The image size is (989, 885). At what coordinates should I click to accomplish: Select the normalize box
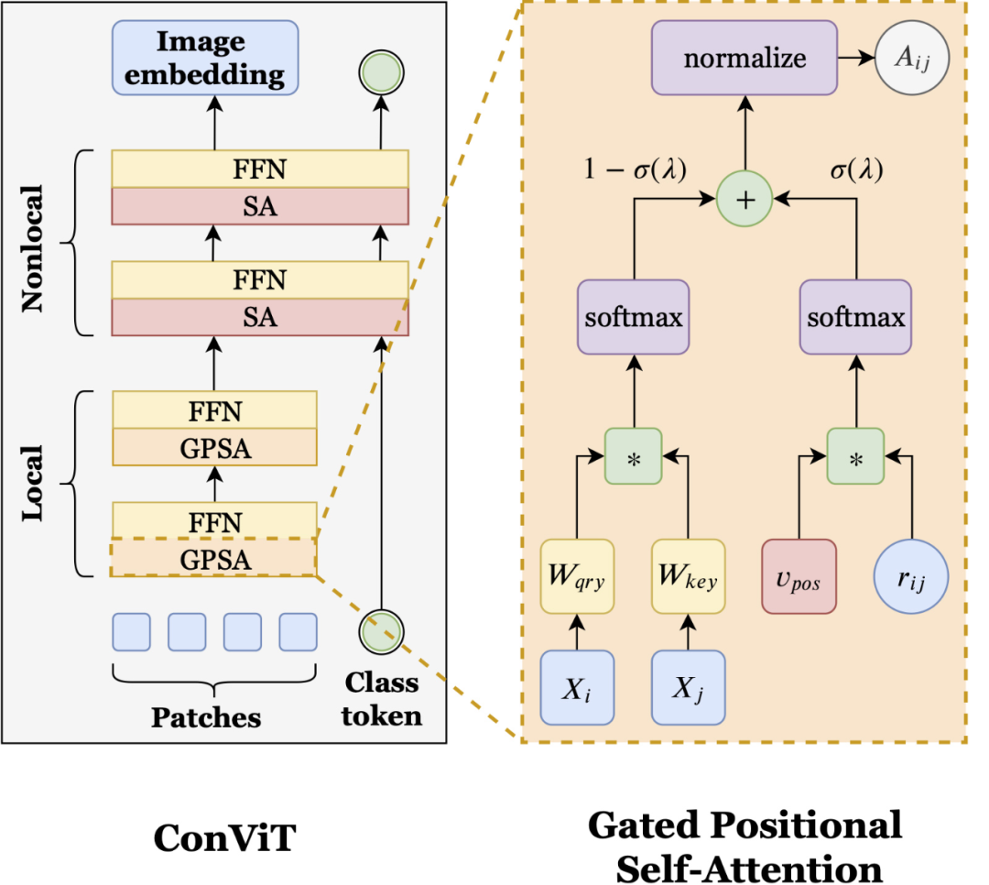tap(744, 59)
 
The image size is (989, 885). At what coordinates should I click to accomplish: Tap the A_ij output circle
tap(911, 59)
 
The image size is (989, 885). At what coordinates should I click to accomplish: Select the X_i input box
tap(577, 685)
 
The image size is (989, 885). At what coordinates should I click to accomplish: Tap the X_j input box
tap(688, 685)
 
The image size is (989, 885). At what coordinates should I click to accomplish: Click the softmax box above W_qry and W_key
tap(633, 318)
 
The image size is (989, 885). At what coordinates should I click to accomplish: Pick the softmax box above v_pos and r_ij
tap(855, 318)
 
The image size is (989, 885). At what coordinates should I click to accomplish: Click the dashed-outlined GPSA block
tap(213, 558)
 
